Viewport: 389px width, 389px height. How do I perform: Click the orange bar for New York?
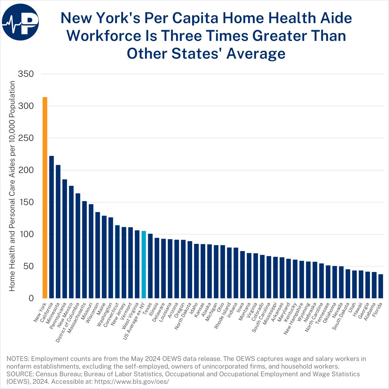(45, 198)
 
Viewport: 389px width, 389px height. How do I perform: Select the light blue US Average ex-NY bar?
(144, 265)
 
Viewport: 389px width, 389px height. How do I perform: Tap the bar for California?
(52, 227)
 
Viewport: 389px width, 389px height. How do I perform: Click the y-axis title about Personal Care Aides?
(12, 186)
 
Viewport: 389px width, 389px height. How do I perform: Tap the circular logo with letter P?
(20, 21)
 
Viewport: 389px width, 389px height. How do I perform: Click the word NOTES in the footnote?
(16, 359)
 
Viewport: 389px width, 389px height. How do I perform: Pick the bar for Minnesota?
(58, 231)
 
